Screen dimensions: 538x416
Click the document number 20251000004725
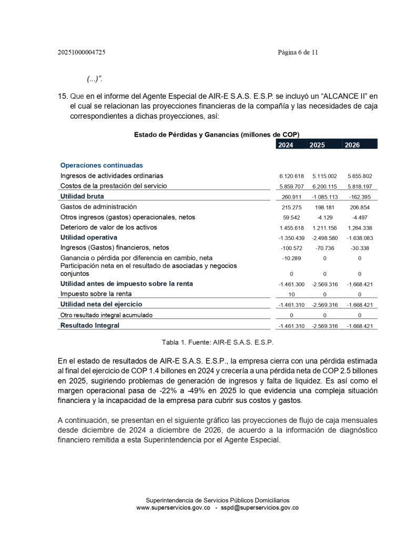tap(85, 53)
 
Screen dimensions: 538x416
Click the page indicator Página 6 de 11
tap(298, 53)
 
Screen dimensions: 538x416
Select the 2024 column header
tap(286, 145)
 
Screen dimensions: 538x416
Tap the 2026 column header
tap(352, 145)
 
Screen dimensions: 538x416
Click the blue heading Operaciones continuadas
tap(102, 165)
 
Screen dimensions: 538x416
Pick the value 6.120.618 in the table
tap(292, 176)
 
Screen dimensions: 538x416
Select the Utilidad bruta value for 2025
tap(324, 196)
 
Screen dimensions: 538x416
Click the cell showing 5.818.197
tap(360, 187)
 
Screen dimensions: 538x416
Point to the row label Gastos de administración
tap(98, 206)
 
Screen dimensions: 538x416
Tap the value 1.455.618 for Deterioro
tap(292, 227)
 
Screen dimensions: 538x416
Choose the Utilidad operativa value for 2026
tap(360, 237)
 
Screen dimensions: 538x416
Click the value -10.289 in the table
tap(292, 258)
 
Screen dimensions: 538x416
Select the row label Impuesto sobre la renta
tap(96, 294)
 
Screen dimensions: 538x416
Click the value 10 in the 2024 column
tap(292, 294)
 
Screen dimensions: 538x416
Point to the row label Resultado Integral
tap(90, 325)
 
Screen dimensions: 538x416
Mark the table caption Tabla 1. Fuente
tap(218, 342)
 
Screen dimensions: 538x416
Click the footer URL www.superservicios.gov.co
tap(174, 508)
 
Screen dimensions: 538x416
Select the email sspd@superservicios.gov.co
tap(260, 508)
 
